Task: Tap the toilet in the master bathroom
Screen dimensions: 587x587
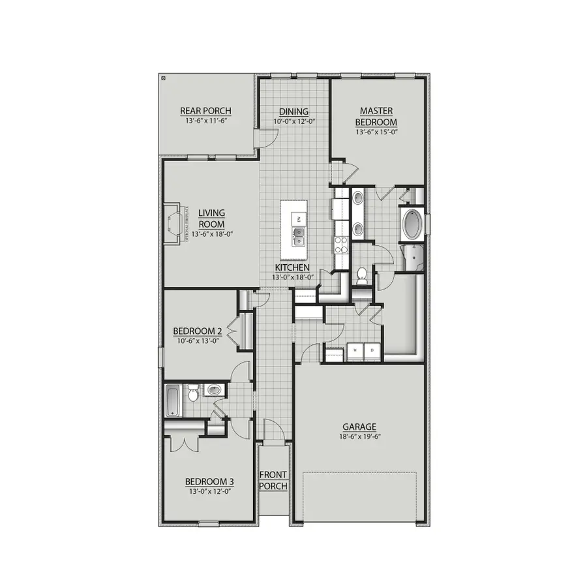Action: pos(361,276)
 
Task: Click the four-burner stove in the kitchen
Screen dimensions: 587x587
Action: pos(341,244)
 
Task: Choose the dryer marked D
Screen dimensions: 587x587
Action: pos(372,350)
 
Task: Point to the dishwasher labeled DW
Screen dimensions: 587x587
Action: pos(297,218)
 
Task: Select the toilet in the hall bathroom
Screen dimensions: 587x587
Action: pos(193,395)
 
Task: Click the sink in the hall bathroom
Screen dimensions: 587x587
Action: pos(214,391)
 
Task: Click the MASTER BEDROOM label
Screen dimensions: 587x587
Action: pos(376,117)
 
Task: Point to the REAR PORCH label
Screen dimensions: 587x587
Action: pos(206,111)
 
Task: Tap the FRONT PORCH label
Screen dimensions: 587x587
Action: pos(273,480)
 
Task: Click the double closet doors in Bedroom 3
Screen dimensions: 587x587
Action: pos(179,442)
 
